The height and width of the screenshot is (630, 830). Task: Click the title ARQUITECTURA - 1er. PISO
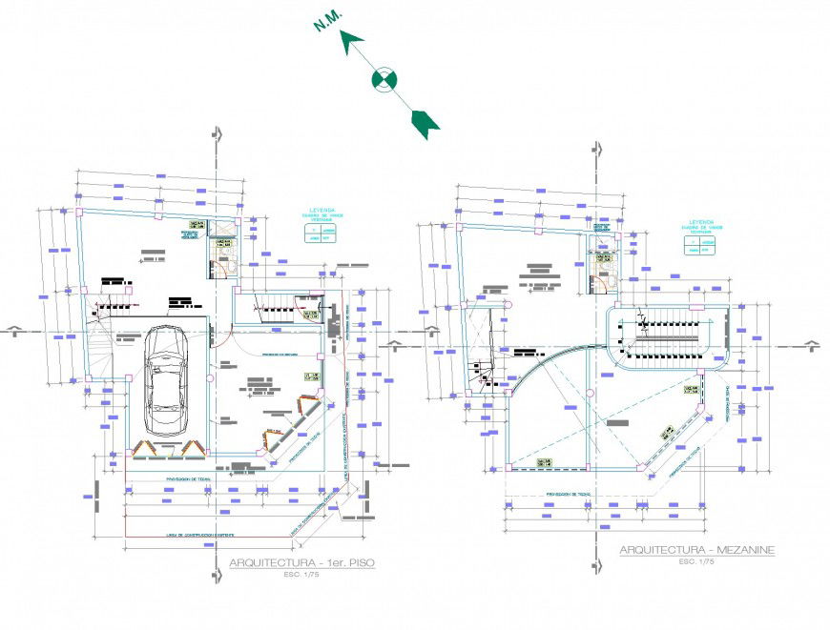coord(301,563)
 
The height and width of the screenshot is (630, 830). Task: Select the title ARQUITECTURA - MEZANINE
coord(696,550)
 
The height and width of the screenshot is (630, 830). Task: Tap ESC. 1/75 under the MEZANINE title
coord(697,562)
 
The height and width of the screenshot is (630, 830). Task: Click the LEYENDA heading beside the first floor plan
coord(322,209)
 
